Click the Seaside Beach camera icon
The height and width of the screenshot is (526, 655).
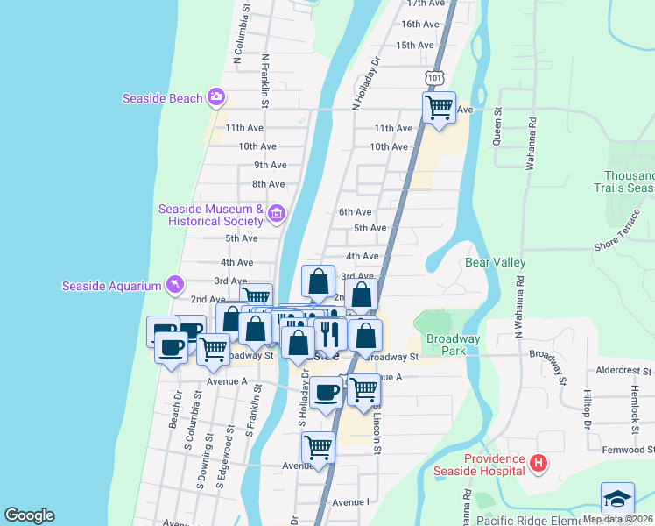[x=215, y=98]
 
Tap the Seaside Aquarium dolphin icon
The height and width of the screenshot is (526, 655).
[x=176, y=285]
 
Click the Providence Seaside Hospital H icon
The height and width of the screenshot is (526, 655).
[x=539, y=463]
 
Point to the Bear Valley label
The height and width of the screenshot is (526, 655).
[x=495, y=262]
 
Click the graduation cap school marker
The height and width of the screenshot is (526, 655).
[x=617, y=499]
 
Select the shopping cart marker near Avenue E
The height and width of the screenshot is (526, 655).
[x=318, y=447]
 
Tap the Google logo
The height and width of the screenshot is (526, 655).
[x=29, y=515]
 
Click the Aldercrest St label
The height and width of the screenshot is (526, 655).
[x=624, y=371]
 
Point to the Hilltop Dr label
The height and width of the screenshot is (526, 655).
[x=588, y=411]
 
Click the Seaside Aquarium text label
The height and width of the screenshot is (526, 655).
[x=112, y=286]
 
